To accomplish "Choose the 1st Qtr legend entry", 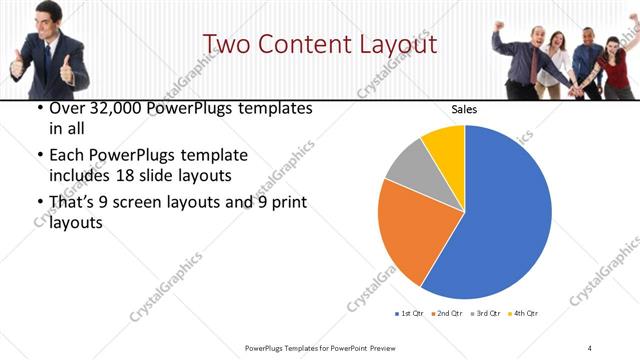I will point(410,313).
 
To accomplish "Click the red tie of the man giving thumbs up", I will point(46,59).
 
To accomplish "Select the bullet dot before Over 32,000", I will point(38,109).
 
